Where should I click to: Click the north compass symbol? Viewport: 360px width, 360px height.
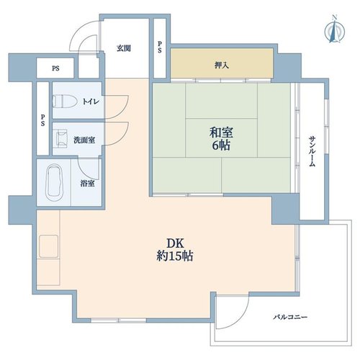coord(334,30)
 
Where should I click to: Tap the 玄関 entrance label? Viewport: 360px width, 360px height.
coord(124,48)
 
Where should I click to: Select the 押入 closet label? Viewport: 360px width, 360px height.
coord(222,65)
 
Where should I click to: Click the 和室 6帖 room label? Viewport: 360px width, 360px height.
coord(221,139)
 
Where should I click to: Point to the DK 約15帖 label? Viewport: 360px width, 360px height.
coord(175,250)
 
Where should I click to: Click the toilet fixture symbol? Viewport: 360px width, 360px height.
coord(64,101)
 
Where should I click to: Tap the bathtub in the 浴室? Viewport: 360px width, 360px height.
coord(55,182)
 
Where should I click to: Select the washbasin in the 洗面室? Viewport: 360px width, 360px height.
coord(62,139)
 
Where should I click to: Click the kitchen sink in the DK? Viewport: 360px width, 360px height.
coord(49,246)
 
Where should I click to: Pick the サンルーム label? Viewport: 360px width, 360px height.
coord(312,151)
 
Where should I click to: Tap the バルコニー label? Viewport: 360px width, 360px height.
coord(290,317)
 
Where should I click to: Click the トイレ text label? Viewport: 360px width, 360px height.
coord(91,102)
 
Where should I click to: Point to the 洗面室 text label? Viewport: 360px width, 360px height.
coord(84,140)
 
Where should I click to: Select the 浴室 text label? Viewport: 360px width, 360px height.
coord(87,184)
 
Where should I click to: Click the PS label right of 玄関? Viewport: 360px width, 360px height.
coord(160,48)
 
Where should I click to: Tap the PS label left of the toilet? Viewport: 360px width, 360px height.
coord(42,120)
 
